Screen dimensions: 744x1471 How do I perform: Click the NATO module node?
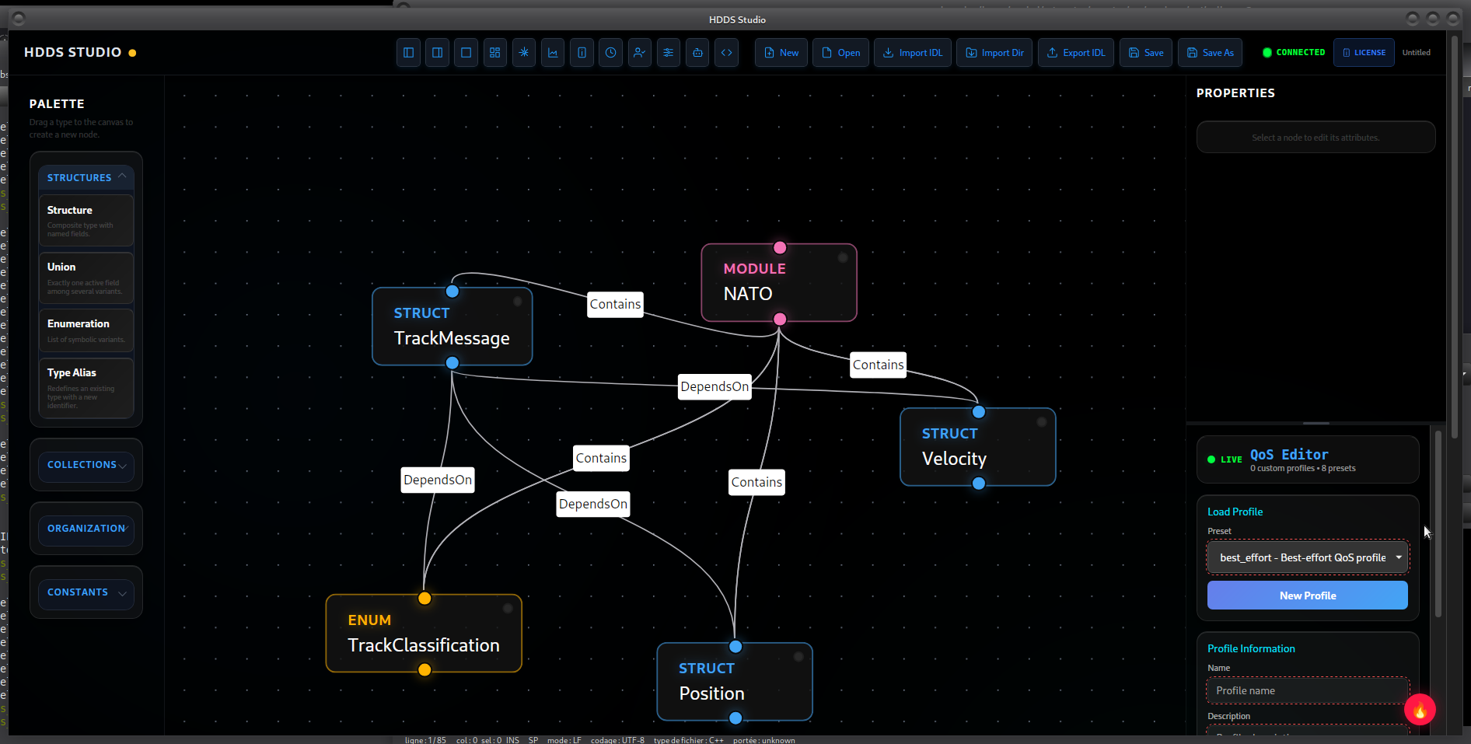click(x=778, y=283)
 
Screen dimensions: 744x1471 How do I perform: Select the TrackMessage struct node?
click(x=452, y=327)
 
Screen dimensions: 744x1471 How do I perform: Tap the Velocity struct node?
click(x=977, y=448)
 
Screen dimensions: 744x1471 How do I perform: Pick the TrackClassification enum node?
click(x=424, y=634)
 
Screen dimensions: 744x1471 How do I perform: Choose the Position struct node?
click(x=734, y=683)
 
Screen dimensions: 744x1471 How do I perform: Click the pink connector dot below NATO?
click(x=780, y=319)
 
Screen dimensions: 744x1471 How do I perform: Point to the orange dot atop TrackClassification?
click(x=425, y=598)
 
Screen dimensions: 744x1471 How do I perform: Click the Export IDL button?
click(x=1075, y=53)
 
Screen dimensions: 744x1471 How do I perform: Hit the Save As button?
click(x=1210, y=53)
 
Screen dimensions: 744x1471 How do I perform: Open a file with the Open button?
click(x=840, y=53)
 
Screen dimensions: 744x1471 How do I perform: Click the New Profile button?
click(x=1307, y=596)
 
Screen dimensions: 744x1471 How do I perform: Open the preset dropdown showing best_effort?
click(x=1307, y=557)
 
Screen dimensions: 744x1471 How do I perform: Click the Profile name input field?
click(x=1307, y=690)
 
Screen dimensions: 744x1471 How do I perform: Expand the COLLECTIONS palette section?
click(x=86, y=465)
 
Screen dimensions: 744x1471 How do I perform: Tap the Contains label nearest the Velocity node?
click(x=878, y=365)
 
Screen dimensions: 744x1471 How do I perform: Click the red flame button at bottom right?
click(x=1419, y=709)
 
